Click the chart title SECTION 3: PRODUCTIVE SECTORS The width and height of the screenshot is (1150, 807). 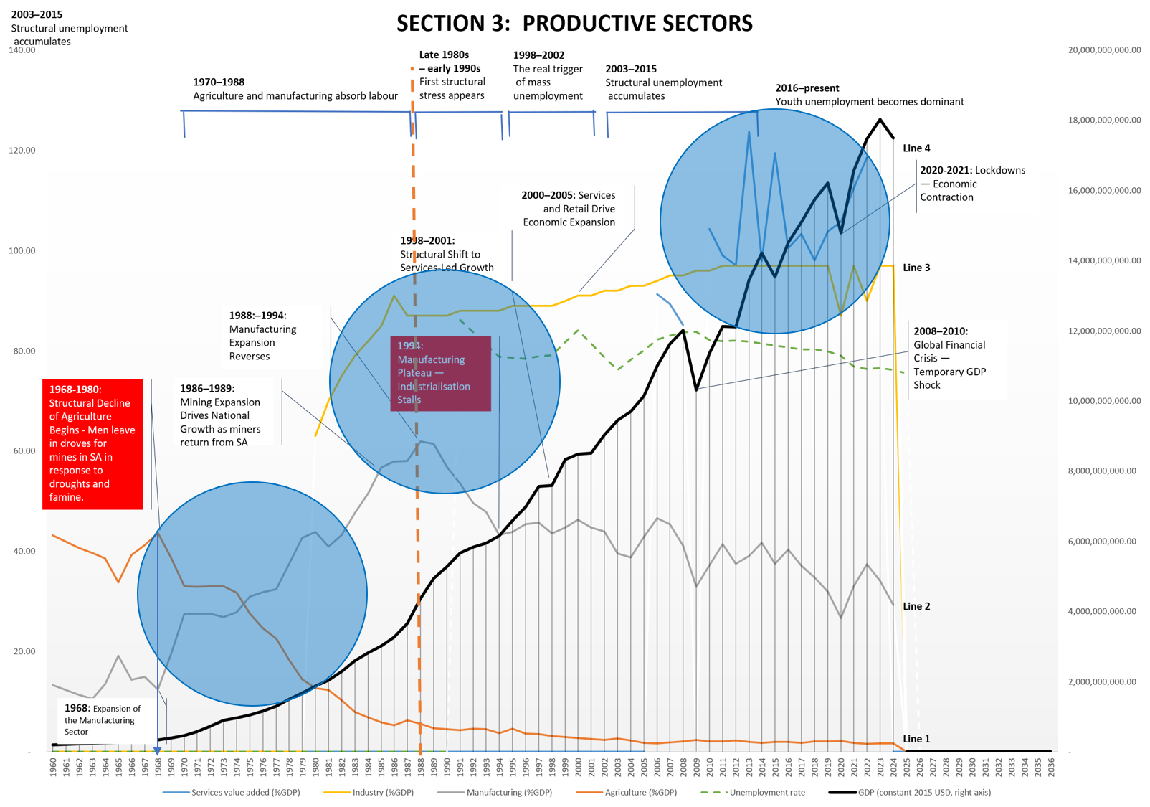[x=574, y=24]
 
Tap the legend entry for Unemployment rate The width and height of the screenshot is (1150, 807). [x=766, y=793]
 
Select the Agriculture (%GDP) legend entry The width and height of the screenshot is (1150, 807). [x=640, y=793]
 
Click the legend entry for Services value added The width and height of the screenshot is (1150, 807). [x=245, y=793]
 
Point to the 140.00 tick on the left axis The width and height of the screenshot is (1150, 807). [x=22, y=50]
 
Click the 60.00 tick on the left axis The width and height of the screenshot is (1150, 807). [x=22, y=451]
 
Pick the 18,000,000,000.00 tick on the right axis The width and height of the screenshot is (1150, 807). [x=1104, y=120]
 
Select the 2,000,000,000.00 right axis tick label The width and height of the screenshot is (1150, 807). [x=1102, y=681]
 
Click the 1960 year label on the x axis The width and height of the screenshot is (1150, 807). [x=54, y=766]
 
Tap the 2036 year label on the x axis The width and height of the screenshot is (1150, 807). [x=1051, y=766]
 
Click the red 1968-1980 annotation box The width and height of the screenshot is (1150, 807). [x=92, y=443]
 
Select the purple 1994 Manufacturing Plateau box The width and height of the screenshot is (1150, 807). [x=440, y=373]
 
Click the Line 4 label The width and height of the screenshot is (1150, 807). [x=916, y=148]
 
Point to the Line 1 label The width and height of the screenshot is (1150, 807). [x=916, y=739]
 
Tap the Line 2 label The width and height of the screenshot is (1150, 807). [x=916, y=606]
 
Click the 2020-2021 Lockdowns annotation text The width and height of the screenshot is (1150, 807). [x=971, y=184]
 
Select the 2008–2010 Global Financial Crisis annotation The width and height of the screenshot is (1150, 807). [x=949, y=358]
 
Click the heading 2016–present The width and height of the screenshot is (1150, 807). [x=807, y=88]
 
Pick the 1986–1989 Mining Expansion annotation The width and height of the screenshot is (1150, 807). [x=220, y=415]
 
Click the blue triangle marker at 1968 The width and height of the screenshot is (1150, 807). [x=158, y=750]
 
